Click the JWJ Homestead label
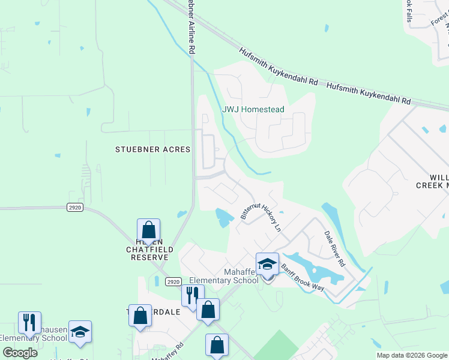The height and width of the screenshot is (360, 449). coord(253,110)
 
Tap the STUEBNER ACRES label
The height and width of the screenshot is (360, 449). coord(152,149)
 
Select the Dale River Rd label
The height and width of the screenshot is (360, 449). coord(335,248)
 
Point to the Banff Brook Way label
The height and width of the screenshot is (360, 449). coord(303,278)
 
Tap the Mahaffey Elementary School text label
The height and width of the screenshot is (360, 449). coord(223,276)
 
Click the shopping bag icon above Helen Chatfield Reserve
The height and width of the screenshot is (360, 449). coord(148,230)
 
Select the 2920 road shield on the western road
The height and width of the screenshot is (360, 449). coord(75,207)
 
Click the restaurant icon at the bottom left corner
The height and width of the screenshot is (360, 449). coord(29,323)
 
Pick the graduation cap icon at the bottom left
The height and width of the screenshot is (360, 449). coord(80,331)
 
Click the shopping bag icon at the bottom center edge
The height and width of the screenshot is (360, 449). coord(217,345)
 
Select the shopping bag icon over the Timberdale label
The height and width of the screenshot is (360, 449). coord(140,316)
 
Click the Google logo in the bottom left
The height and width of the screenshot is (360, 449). coord(20,353)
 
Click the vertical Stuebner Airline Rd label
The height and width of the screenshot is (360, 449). coord(191,27)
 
